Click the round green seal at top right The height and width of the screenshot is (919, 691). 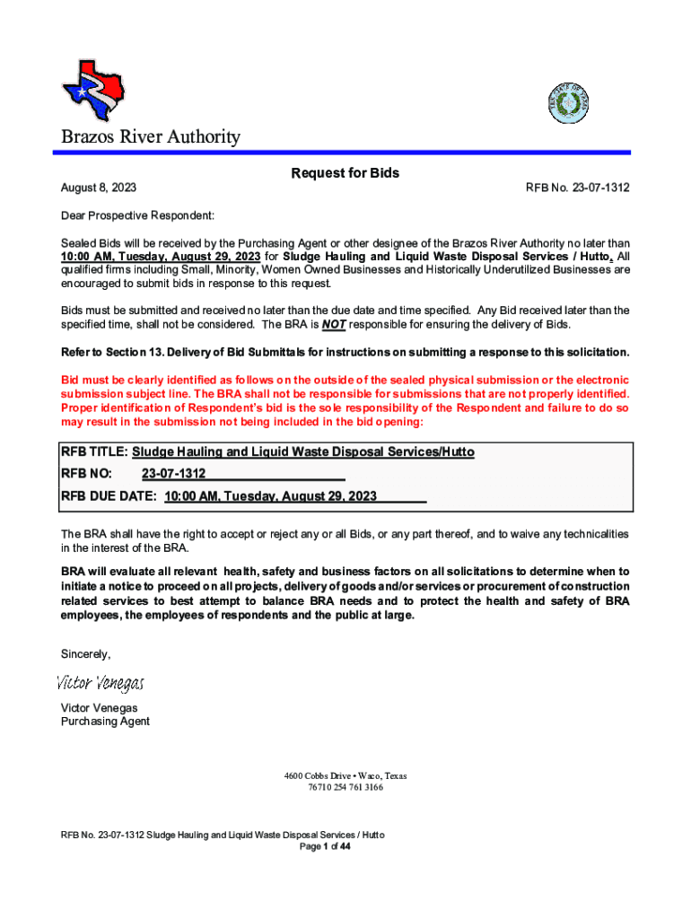click(x=568, y=105)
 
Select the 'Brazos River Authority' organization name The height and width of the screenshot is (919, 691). click(x=150, y=137)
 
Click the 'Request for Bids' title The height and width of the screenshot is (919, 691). click(x=345, y=173)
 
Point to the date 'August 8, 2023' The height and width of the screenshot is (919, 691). click(x=98, y=188)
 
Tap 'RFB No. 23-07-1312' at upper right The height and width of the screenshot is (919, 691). click(x=577, y=188)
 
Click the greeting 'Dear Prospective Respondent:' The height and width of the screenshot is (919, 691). click(x=137, y=216)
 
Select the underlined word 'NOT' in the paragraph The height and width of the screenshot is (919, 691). click(x=334, y=324)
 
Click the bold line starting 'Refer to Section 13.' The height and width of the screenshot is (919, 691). click(x=345, y=351)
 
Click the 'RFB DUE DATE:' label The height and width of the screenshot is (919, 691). click(x=109, y=495)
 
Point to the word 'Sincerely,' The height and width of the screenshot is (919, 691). click(x=85, y=652)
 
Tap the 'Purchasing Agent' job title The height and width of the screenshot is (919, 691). click(x=105, y=722)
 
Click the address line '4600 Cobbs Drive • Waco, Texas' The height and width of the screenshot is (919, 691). click(x=345, y=775)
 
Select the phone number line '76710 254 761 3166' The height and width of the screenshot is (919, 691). click(x=345, y=787)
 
